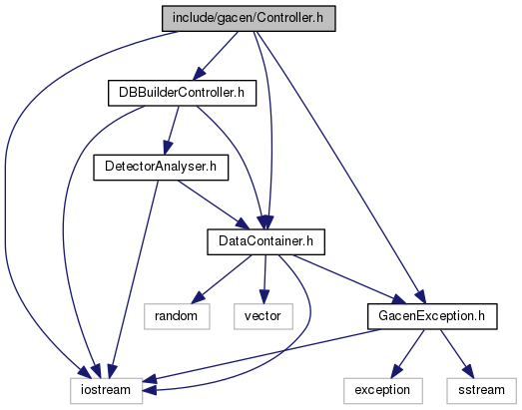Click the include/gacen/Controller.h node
point(249,19)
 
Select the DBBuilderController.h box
point(182,93)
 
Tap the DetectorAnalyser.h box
point(161,168)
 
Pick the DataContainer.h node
point(266,242)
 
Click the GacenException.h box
point(432,316)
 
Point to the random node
point(177,316)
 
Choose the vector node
point(263,316)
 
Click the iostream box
point(106,391)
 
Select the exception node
point(383,391)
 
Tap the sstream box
point(482,391)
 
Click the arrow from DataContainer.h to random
point(222,279)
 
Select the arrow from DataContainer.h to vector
point(264,279)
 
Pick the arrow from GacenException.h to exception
point(408,354)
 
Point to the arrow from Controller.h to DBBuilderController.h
point(216,56)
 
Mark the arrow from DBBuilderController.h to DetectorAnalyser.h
point(172,131)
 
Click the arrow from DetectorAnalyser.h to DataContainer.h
point(213,205)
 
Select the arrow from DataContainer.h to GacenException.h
point(349,279)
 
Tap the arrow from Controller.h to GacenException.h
point(340,167)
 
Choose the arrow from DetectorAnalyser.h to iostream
point(134,279)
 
